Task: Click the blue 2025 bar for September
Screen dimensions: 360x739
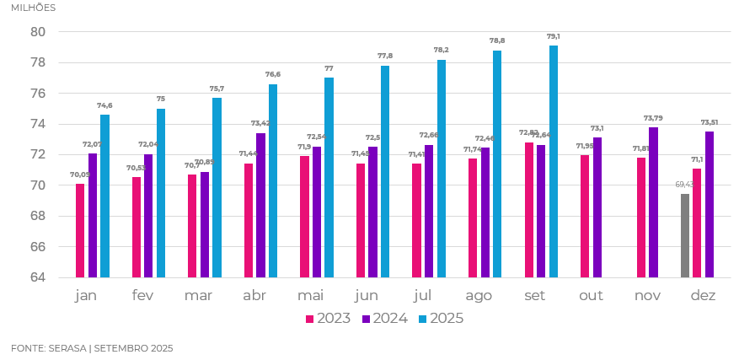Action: pyautogui.click(x=554, y=161)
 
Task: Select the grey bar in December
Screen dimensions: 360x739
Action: pyautogui.click(x=685, y=235)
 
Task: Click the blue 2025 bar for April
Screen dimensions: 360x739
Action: pyautogui.click(x=273, y=180)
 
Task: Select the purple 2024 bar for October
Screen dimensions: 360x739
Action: pyautogui.click(x=597, y=207)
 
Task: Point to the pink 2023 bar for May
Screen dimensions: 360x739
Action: pyautogui.click(x=305, y=217)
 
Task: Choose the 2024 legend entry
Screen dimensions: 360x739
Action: pyautogui.click(x=387, y=319)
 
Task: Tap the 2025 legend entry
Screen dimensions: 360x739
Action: pyautogui.click(x=442, y=319)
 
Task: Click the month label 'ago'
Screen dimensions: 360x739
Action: pyautogui.click(x=479, y=296)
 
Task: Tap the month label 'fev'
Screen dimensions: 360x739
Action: pyautogui.click(x=142, y=296)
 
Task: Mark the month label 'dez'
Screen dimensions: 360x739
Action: pyautogui.click(x=703, y=296)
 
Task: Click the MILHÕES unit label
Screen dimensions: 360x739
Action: pyautogui.click(x=34, y=8)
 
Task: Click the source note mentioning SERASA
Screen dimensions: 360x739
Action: pyautogui.click(x=92, y=348)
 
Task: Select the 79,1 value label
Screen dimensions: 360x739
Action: pyautogui.click(x=554, y=37)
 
